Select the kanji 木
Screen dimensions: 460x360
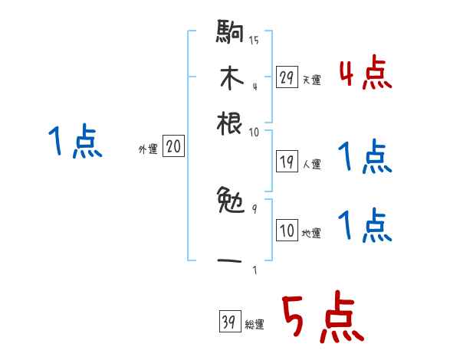230,79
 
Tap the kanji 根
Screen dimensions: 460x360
230,123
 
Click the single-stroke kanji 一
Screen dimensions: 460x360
230,260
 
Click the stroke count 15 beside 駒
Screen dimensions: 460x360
254,41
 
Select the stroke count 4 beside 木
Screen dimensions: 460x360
254,85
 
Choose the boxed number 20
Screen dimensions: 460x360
174,147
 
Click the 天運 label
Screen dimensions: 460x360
311,80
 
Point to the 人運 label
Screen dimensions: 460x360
311,163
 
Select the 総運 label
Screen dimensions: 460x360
255,325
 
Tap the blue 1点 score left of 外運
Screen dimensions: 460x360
74,142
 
